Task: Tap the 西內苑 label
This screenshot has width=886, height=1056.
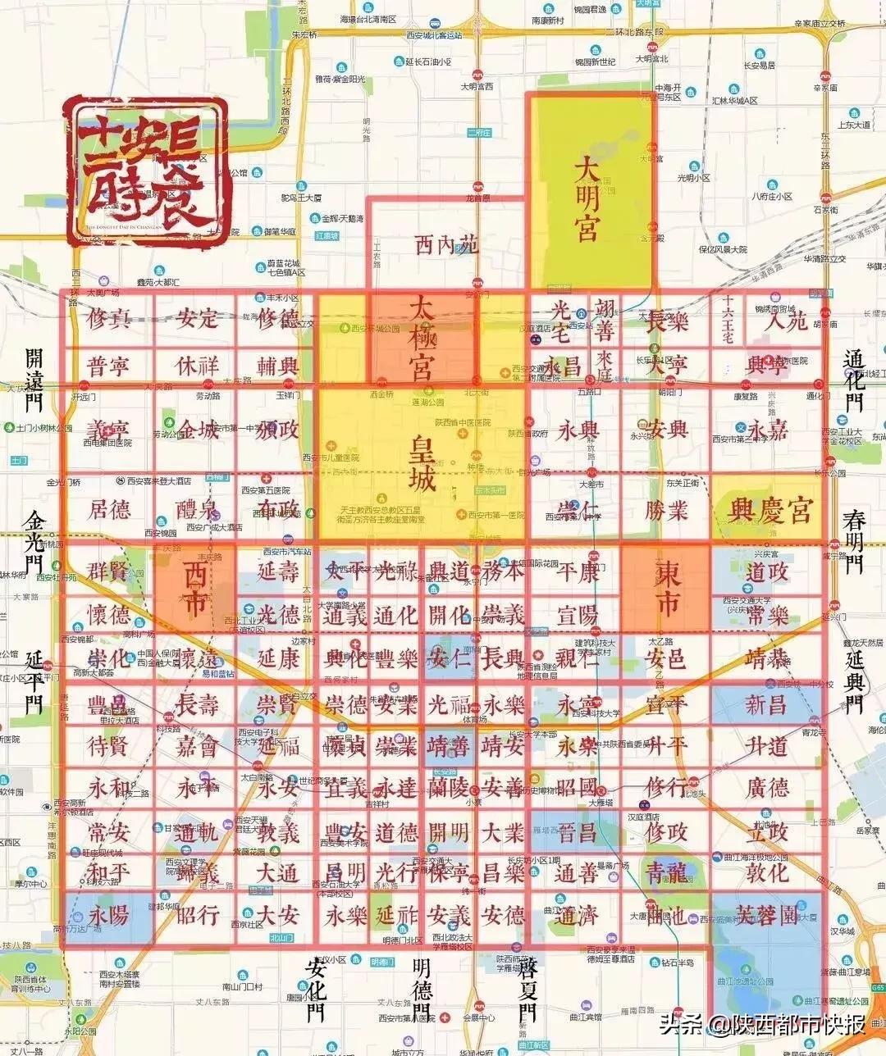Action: [447, 245]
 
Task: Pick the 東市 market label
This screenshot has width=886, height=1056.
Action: [666, 587]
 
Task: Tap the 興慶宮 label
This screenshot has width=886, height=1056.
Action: [770, 511]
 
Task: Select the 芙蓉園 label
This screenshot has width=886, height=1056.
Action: [766, 915]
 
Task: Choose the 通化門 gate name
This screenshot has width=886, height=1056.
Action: [855, 380]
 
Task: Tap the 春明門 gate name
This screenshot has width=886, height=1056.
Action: [855, 541]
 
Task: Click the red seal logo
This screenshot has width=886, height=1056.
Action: [146, 172]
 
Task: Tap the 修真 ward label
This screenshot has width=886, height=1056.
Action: [109, 318]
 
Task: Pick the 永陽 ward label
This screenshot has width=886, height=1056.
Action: [109, 915]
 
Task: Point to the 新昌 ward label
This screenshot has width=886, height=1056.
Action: [766, 703]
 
